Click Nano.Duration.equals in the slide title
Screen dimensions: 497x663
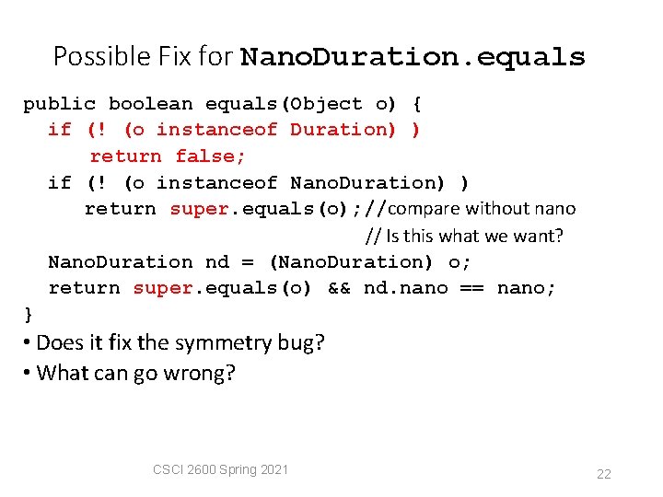coord(413,57)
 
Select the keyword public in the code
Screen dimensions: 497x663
coord(59,104)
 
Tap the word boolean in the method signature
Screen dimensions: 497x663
coord(150,104)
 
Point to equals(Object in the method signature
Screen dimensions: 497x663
coord(284,104)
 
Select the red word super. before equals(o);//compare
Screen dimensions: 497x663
coord(200,209)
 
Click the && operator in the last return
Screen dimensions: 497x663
coord(339,289)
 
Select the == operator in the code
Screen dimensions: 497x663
coord(472,289)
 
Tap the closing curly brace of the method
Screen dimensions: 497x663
coord(29,315)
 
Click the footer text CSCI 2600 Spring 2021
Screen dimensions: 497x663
coord(220,469)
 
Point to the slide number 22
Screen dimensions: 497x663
coord(603,474)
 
